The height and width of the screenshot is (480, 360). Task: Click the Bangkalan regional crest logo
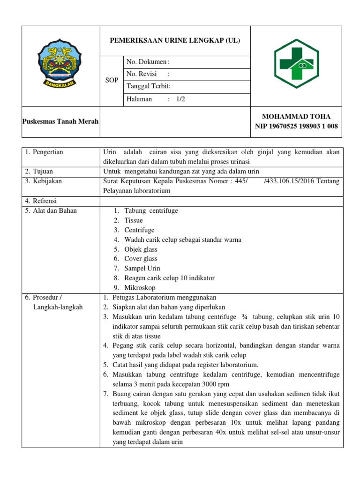pyautogui.click(x=61, y=65)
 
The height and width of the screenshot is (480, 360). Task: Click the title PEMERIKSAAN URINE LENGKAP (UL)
pyautogui.click(x=175, y=41)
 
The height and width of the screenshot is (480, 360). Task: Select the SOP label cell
pyautogui.click(x=112, y=81)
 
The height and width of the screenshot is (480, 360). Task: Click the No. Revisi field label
pyautogui.click(x=140, y=74)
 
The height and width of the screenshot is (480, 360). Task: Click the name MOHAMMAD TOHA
pyautogui.click(x=296, y=116)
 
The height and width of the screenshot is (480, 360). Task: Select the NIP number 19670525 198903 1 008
pyautogui.click(x=296, y=126)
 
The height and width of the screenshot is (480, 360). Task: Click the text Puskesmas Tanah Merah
pyautogui.click(x=60, y=121)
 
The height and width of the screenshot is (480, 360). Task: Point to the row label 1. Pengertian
pyautogui.click(x=45, y=152)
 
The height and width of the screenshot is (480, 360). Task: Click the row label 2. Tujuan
pyautogui.click(x=40, y=171)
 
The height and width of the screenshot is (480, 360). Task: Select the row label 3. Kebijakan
pyautogui.click(x=44, y=181)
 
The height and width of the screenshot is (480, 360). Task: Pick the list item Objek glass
pyautogui.click(x=141, y=249)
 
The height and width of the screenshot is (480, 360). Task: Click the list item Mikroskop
pyautogui.click(x=140, y=288)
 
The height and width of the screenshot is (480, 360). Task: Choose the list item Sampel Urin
pyautogui.click(x=142, y=269)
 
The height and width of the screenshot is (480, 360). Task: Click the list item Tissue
pyautogui.click(x=134, y=220)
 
